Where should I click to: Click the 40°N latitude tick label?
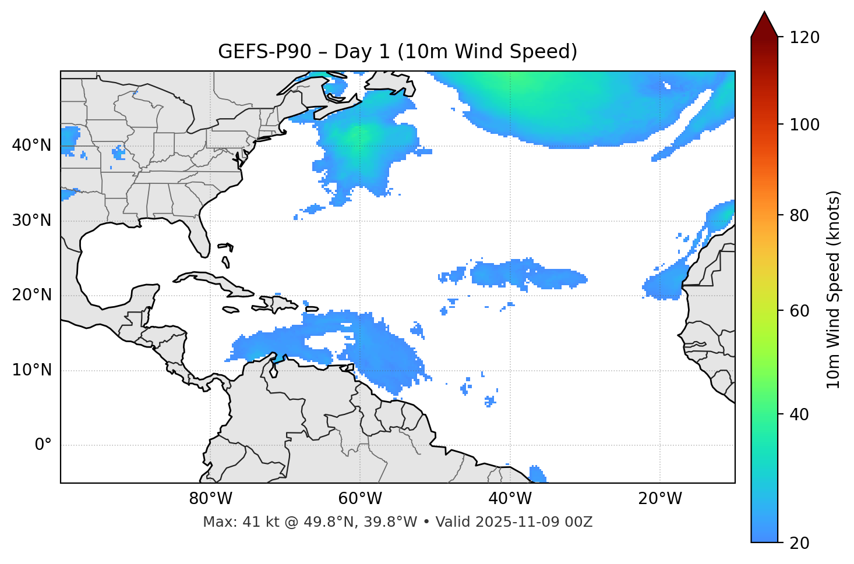pos(31,146)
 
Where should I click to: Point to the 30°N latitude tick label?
pos(31,221)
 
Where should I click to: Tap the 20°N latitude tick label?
pos(31,295)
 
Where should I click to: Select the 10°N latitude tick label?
pos(31,370)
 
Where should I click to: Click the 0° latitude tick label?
pos(43,445)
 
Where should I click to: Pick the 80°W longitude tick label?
pos(210,499)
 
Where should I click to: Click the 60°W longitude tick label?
pos(360,499)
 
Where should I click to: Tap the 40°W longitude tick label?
pos(510,499)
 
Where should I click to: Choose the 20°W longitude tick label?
pos(660,499)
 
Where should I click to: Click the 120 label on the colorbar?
pos(804,38)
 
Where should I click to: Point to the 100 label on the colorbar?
pos(804,125)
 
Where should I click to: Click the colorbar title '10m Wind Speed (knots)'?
pos(834,289)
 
